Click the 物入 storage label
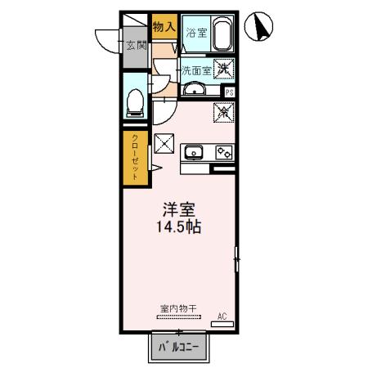[x=164, y=26]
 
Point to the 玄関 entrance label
[x=133, y=46]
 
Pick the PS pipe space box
[x=230, y=92]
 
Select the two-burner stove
[x=222, y=151]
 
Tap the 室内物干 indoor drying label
[x=175, y=310]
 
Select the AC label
[x=221, y=315]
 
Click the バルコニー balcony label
[x=178, y=348]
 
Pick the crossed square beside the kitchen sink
[x=164, y=143]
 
